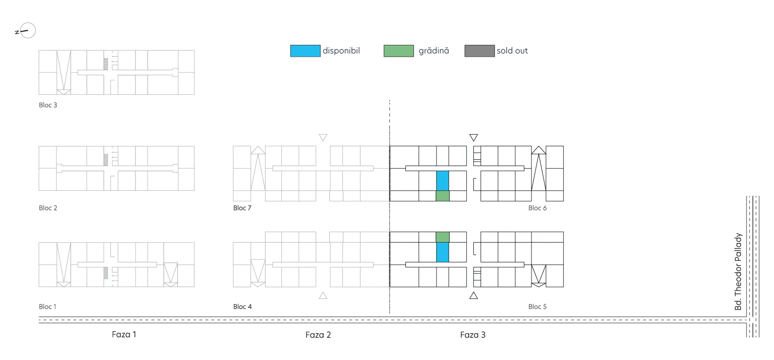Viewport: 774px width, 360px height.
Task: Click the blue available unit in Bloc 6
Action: tap(442, 180)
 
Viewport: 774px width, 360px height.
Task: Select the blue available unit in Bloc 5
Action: tap(442, 252)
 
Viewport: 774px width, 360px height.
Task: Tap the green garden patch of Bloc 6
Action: tap(442, 196)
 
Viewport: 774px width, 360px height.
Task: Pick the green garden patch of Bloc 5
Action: tap(442, 237)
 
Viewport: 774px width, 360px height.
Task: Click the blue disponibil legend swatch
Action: tap(305, 51)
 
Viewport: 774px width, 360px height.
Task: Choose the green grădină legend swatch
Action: tap(399, 51)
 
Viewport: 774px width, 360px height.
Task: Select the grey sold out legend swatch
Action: tap(480, 51)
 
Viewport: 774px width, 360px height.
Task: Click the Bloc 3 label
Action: tap(48, 105)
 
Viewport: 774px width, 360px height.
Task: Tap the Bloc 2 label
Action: tap(48, 208)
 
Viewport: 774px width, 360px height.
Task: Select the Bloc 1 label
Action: tap(48, 306)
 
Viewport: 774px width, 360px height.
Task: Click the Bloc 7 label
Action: tap(243, 208)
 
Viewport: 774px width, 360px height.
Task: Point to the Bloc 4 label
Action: tap(243, 306)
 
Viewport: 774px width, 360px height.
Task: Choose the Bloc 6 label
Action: tap(538, 208)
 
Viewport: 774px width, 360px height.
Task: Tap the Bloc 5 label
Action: tap(538, 306)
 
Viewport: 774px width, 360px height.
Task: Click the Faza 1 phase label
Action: tap(124, 334)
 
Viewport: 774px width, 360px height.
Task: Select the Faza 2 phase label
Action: tap(318, 335)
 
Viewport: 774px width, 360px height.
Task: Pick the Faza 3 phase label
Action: tap(473, 335)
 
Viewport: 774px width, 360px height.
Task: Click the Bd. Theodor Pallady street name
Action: tap(738, 271)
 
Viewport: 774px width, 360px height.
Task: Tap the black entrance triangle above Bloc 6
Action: tap(473, 137)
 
